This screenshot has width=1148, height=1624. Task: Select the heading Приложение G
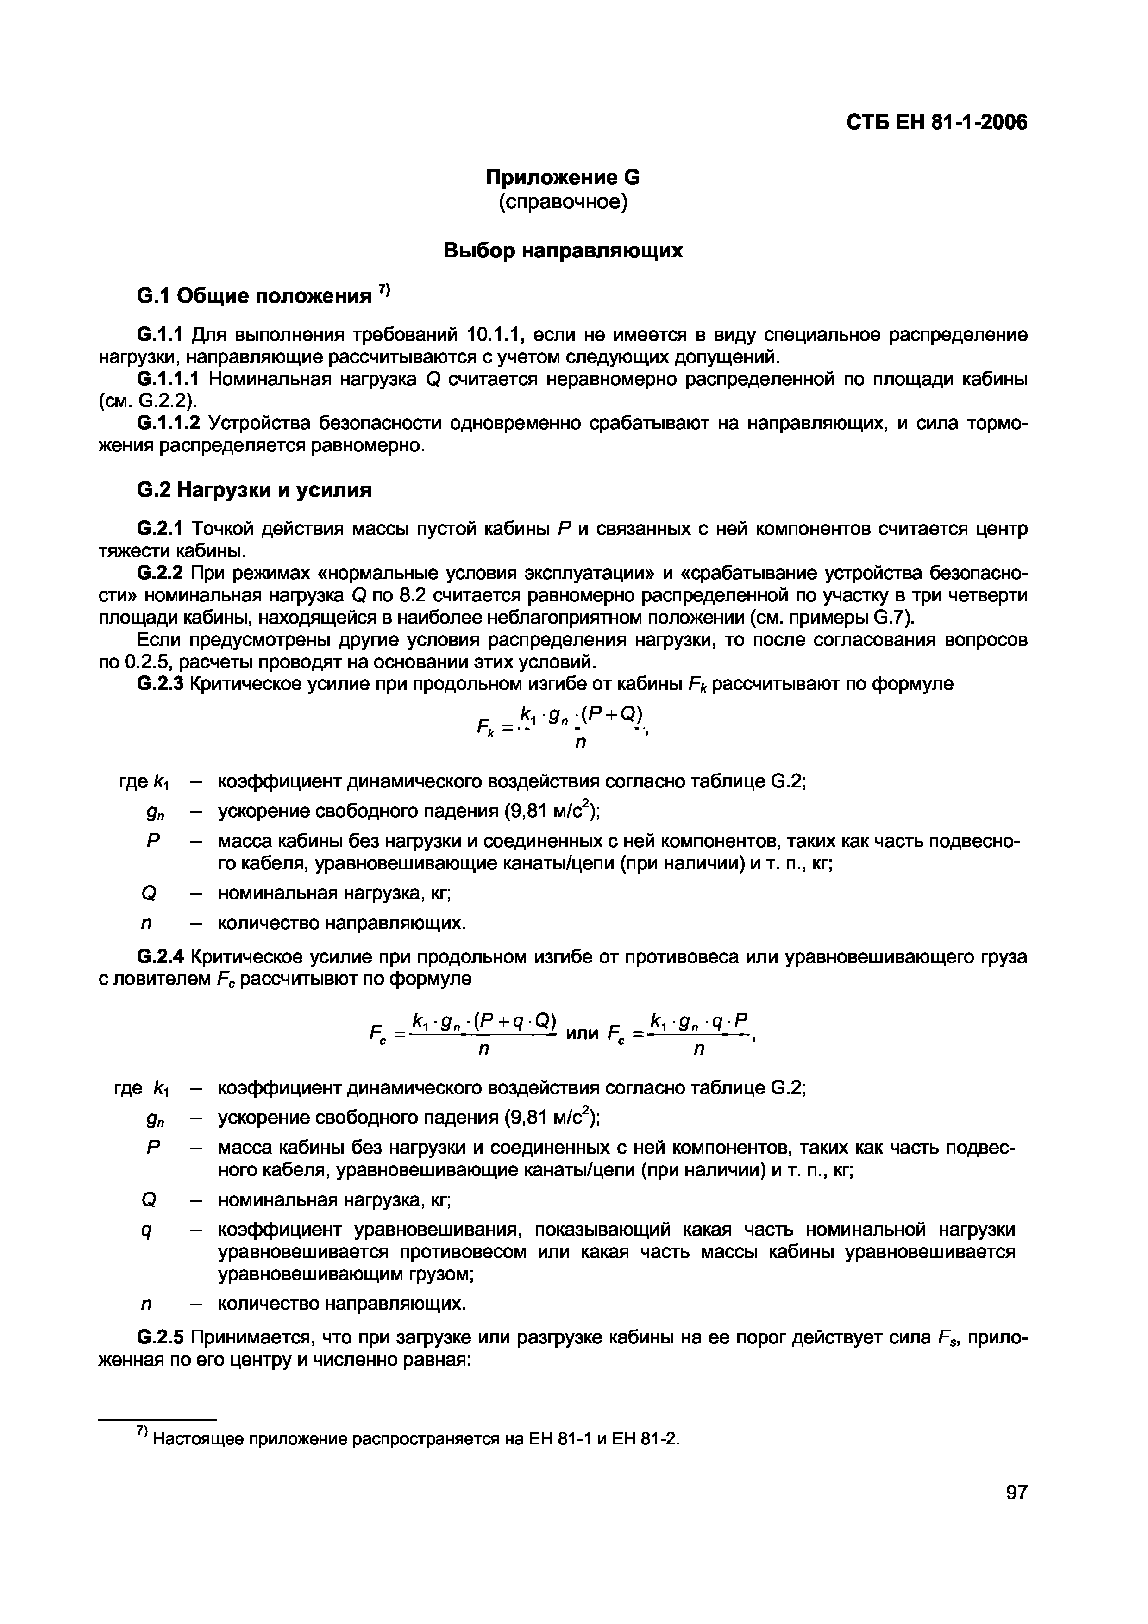click(562, 177)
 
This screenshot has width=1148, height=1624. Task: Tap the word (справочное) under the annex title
click(562, 202)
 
